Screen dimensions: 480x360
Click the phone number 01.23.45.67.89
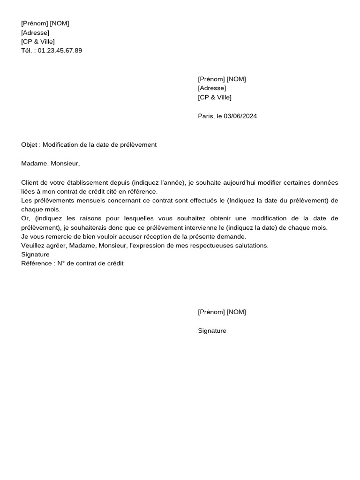pos(60,51)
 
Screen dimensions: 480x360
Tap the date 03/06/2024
pos(240,116)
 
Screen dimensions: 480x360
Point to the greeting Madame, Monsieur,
pos(51,164)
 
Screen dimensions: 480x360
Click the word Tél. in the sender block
pos(27,51)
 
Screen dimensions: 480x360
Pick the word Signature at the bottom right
pos(212,331)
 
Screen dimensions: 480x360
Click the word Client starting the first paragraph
pos(30,183)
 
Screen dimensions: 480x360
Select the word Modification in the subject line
pos(60,145)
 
